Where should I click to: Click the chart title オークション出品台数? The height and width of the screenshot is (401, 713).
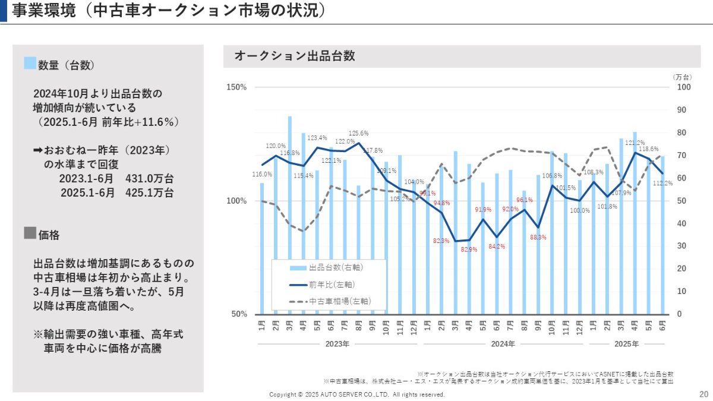click(295, 56)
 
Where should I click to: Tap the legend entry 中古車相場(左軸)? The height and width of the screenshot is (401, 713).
click(339, 301)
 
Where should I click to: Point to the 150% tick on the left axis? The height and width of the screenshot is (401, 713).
click(237, 87)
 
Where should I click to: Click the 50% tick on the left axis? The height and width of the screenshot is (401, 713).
click(239, 314)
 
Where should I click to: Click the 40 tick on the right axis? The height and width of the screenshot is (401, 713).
click(682, 223)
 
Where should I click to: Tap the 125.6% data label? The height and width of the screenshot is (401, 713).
click(358, 133)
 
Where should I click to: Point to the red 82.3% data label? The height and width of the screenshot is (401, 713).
click(441, 241)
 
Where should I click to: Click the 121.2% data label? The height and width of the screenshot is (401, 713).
click(635, 143)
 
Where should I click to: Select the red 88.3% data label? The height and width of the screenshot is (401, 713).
click(538, 237)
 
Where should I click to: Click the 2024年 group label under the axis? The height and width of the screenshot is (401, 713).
click(503, 344)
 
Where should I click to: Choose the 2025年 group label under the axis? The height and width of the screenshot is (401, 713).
click(627, 344)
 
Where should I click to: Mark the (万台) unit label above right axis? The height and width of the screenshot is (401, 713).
click(683, 77)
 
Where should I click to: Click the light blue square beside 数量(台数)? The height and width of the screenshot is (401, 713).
click(30, 64)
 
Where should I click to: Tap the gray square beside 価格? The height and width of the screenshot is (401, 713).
click(30, 233)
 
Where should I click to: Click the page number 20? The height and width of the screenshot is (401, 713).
click(703, 394)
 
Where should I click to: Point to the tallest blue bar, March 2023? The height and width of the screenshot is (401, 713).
click(290, 214)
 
